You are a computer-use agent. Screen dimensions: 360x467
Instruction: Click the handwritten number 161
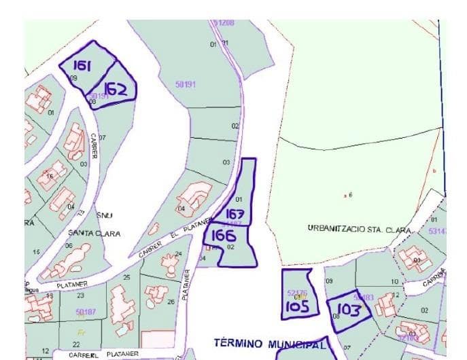(82, 65)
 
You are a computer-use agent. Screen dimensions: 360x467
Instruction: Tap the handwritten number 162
(115, 89)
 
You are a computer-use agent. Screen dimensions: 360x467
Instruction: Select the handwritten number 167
(234, 215)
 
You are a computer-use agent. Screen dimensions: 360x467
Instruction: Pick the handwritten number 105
(298, 306)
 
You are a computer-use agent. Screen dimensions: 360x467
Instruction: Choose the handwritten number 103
(349, 310)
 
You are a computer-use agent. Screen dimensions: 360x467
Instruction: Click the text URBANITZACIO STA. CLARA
(360, 229)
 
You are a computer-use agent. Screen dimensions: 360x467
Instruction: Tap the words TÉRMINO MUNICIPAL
(271, 343)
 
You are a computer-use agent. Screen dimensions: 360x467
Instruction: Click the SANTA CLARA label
(94, 233)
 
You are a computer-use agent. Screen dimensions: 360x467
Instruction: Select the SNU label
(104, 215)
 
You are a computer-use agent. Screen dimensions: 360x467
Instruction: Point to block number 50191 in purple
(185, 84)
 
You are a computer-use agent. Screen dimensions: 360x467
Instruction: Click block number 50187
(86, 312)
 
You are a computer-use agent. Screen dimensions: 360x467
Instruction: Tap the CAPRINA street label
(433, 278)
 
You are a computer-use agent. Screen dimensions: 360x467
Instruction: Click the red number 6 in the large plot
(350, 195)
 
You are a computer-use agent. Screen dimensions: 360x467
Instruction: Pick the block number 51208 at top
(224, 22)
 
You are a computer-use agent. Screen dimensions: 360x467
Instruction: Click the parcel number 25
(126, 278)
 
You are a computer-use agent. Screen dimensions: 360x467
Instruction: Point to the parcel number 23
(81, 295)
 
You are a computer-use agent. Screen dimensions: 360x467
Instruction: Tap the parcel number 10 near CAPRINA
(394, 281)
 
